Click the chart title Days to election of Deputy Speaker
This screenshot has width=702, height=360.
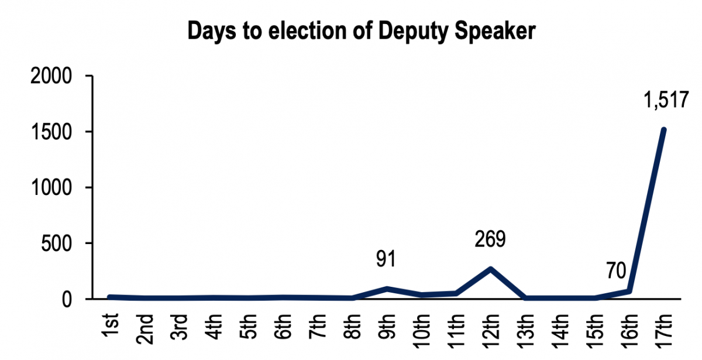point(361,32)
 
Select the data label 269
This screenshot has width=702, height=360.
point(490,239)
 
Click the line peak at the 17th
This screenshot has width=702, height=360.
point(664,130)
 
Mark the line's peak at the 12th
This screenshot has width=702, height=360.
point(490,269)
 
